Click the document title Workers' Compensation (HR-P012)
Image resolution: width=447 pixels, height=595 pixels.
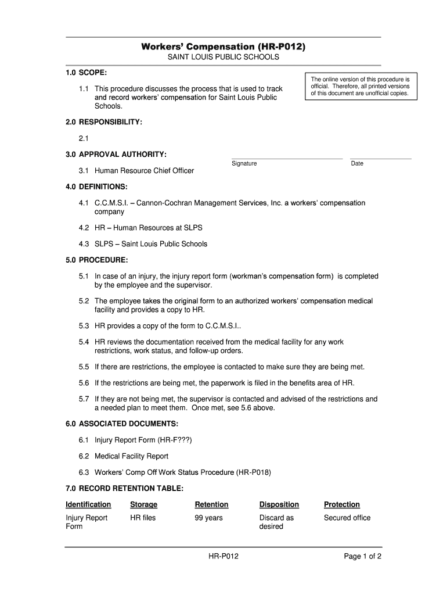pyautogui.click(x=223, y=46)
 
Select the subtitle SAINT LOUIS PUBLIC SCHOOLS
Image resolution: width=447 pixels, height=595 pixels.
pyautogui.click(x=223, y=58)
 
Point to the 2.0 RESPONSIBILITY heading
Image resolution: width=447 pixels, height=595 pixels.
pyautogui.click(x=104, y=123)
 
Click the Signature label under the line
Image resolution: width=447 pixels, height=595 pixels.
pyautogui.click(x=244, y=163)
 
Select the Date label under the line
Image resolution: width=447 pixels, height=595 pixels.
pyautogui.click(x=357, y=163)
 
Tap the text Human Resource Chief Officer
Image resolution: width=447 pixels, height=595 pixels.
pyautogui.click(x=144, y=171)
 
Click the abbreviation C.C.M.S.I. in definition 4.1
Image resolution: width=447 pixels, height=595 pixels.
pyautogui.click(x=111, y=203)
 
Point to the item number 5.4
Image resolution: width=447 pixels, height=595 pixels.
pyautogui.click(x=84, y=342)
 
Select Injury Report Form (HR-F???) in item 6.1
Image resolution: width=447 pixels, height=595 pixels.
pyautogui.click(x=143, y=440)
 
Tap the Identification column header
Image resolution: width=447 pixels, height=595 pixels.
pyautogui.click(x=88, y=504)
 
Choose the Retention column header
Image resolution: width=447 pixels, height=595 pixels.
pyautogui.click(x=211, y=504)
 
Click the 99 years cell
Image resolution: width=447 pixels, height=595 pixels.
pyautogui.click(x=208, y=518)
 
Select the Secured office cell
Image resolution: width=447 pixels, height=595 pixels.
pyautogui.click(x=347, y=518)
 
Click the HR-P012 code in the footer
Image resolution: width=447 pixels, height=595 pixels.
pyautogui.click(x=223, y=557)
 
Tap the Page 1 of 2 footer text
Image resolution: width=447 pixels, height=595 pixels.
pyautogui.click(x=362, y=557)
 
